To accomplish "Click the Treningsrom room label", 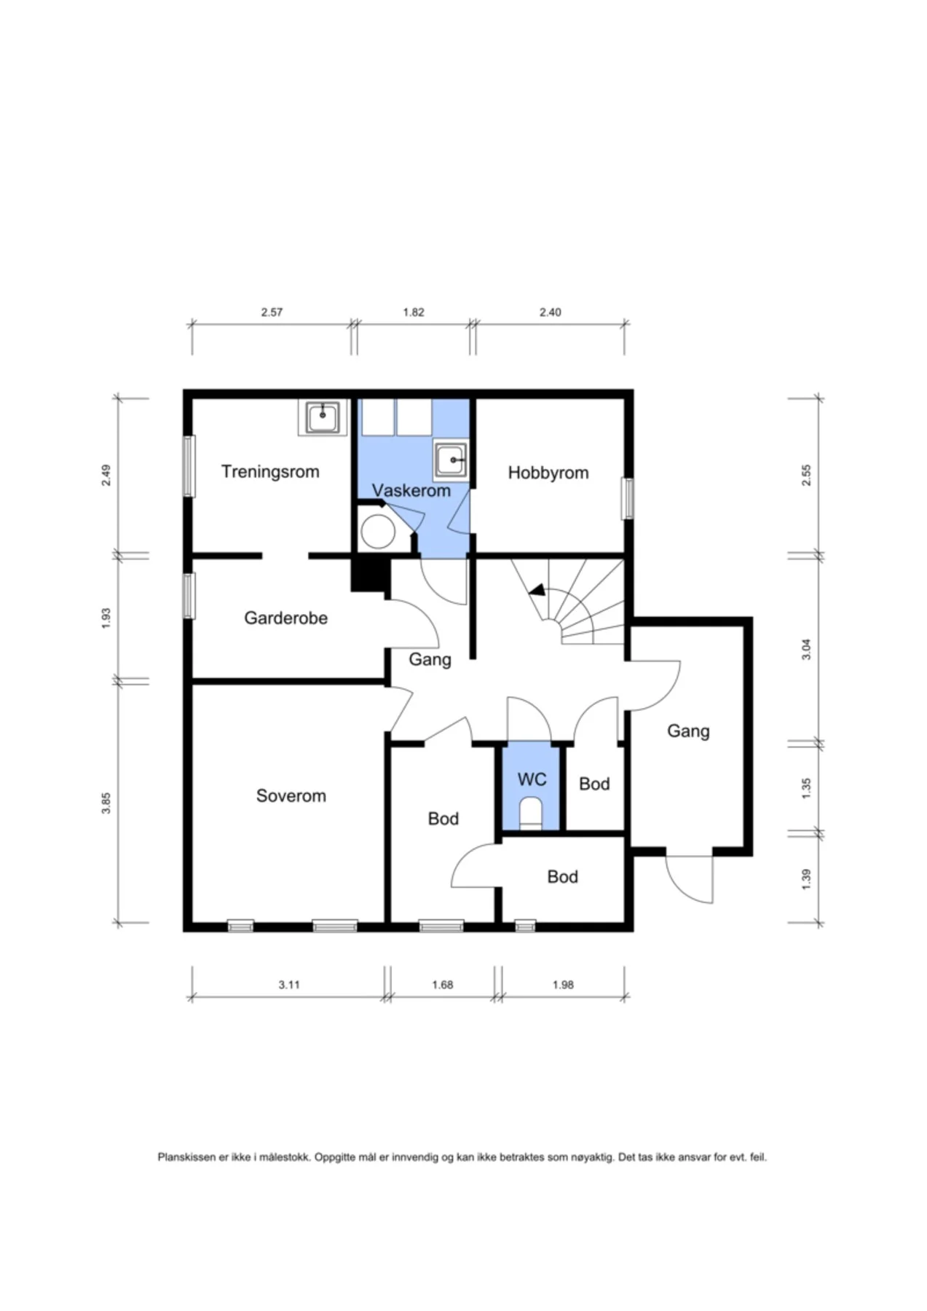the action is point(270,472).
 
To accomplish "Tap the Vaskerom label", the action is point(411,490).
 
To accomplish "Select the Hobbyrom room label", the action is point(548,473).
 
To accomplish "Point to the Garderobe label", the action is point(285,618).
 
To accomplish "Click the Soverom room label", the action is point(291,795).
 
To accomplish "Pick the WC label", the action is point(532,779).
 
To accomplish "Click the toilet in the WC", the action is point(531,813).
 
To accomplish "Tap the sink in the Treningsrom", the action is point(323,417).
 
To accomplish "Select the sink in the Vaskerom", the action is point(451,460).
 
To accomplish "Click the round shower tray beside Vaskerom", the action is point(378,531).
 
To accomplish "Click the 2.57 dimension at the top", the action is point(272,312).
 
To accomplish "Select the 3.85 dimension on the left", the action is point(106,803).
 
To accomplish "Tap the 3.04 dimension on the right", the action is point(806,649).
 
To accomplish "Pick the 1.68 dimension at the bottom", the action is point(442,985).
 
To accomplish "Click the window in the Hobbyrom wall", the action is point(627,498).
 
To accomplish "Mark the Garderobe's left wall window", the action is point(189,596).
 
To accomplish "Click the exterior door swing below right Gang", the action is point(690,879).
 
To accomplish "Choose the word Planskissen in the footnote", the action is point(187,1157).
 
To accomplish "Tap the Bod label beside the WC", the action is point(594,784).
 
